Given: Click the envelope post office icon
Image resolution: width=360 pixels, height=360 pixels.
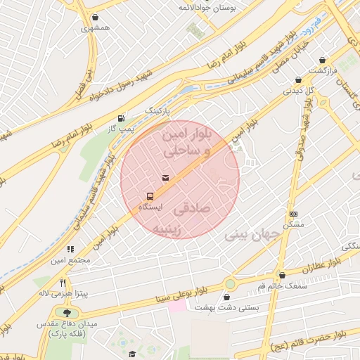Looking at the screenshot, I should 165,179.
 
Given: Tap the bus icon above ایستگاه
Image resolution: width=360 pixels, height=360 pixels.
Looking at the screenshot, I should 150,196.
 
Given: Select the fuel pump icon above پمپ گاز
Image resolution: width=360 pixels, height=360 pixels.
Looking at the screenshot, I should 122,118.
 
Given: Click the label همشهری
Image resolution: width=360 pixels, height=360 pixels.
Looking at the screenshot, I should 96,29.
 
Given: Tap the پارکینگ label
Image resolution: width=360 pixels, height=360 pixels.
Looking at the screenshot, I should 158,111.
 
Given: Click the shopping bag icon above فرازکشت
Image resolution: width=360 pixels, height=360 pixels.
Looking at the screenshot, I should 322,60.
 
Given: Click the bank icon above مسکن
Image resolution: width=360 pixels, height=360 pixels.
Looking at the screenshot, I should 293,214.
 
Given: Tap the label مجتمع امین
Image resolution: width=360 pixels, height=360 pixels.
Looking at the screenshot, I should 70,261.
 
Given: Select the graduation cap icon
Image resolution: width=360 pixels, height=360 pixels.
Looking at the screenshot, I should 131,354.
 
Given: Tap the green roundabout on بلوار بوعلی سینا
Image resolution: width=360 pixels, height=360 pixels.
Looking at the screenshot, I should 230,283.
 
